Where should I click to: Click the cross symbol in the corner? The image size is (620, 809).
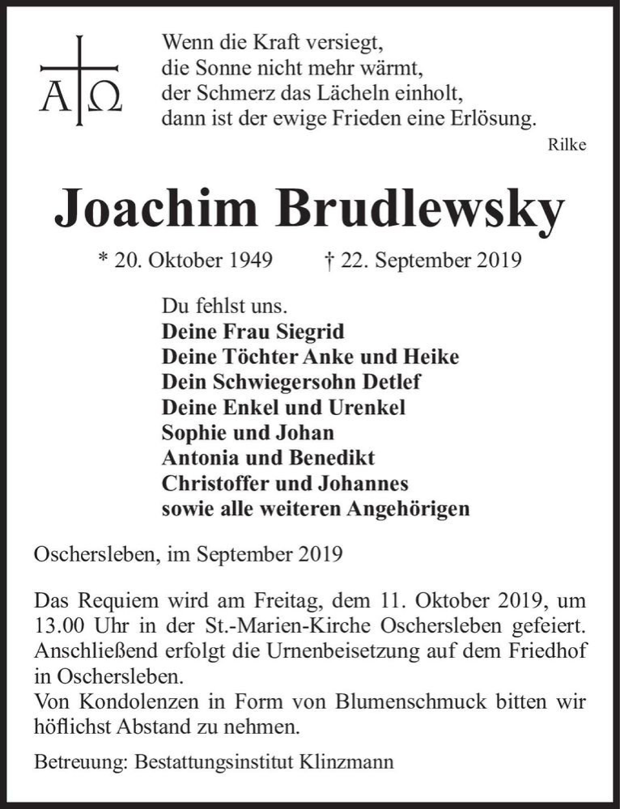tap(79, 69)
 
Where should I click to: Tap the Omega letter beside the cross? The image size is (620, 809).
tap(104, 98)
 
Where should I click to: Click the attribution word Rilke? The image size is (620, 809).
tap(567, 146)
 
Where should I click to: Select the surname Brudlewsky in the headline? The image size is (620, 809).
tap(419, 210)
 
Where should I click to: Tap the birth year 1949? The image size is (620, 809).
tap(244, 261)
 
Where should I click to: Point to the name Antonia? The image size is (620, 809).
tap(197, 458)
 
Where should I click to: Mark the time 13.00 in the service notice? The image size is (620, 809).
tap(58, 627)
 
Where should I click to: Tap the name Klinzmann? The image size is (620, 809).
tap(345, 761)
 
